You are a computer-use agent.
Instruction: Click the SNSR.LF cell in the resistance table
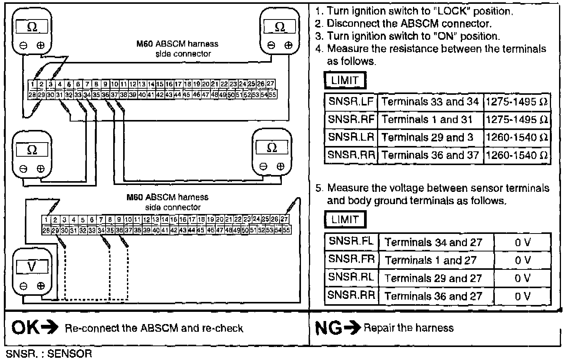351,102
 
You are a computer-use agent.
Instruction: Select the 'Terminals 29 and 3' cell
428,138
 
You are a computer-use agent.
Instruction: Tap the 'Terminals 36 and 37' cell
430,155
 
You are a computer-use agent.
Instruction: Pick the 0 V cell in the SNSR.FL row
522,242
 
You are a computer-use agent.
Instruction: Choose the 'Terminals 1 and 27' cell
431,260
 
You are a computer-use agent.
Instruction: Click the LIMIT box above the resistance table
345,81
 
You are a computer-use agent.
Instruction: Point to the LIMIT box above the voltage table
345,219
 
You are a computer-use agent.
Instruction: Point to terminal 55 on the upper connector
273,94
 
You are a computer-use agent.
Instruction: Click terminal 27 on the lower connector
284,219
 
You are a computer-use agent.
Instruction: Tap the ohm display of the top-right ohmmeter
280,27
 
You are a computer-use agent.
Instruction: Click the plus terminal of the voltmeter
41,286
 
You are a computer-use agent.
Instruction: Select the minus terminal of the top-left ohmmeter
23,45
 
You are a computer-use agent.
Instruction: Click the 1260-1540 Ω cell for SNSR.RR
517,155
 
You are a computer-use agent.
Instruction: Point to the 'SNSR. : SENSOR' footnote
49,354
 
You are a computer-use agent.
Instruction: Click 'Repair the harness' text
408,328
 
